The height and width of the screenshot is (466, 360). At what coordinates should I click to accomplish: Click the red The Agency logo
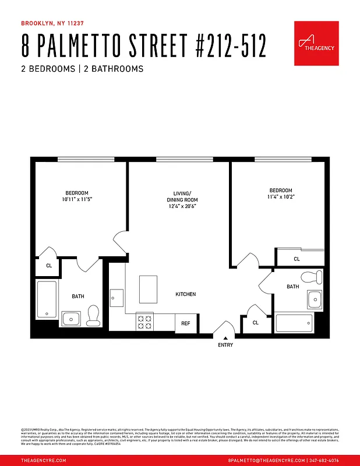[x=316, y=43]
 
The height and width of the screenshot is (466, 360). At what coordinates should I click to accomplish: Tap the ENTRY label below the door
[x=225, y=345]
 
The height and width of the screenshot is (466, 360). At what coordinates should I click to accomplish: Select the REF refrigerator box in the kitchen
[x=186, y=323]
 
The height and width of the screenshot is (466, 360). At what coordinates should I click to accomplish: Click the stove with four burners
[x=144, y=322]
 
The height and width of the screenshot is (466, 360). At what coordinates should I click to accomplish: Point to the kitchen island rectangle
[x=148, y=289]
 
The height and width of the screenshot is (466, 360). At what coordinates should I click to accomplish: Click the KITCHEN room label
[x=186, y=294]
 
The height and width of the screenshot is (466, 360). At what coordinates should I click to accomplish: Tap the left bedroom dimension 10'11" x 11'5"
[x=76, y=199]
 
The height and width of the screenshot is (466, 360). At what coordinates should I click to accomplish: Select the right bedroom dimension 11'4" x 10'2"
[x=281, y=197]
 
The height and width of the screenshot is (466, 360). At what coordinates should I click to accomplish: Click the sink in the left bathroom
[x=71, y=318]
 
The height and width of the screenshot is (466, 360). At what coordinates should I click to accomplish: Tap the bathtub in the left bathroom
[x=45, y=299]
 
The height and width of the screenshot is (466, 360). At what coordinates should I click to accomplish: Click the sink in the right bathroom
[x=315, y=299]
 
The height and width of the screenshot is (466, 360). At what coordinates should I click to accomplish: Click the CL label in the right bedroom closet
[x=297, y=259]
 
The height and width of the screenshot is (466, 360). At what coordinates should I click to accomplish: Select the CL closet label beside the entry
[x=256, y=323]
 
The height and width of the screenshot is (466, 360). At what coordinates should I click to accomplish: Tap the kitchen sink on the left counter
[x=117, y=298]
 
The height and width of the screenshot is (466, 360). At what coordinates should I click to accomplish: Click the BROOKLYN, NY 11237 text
[x=52, y=24]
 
